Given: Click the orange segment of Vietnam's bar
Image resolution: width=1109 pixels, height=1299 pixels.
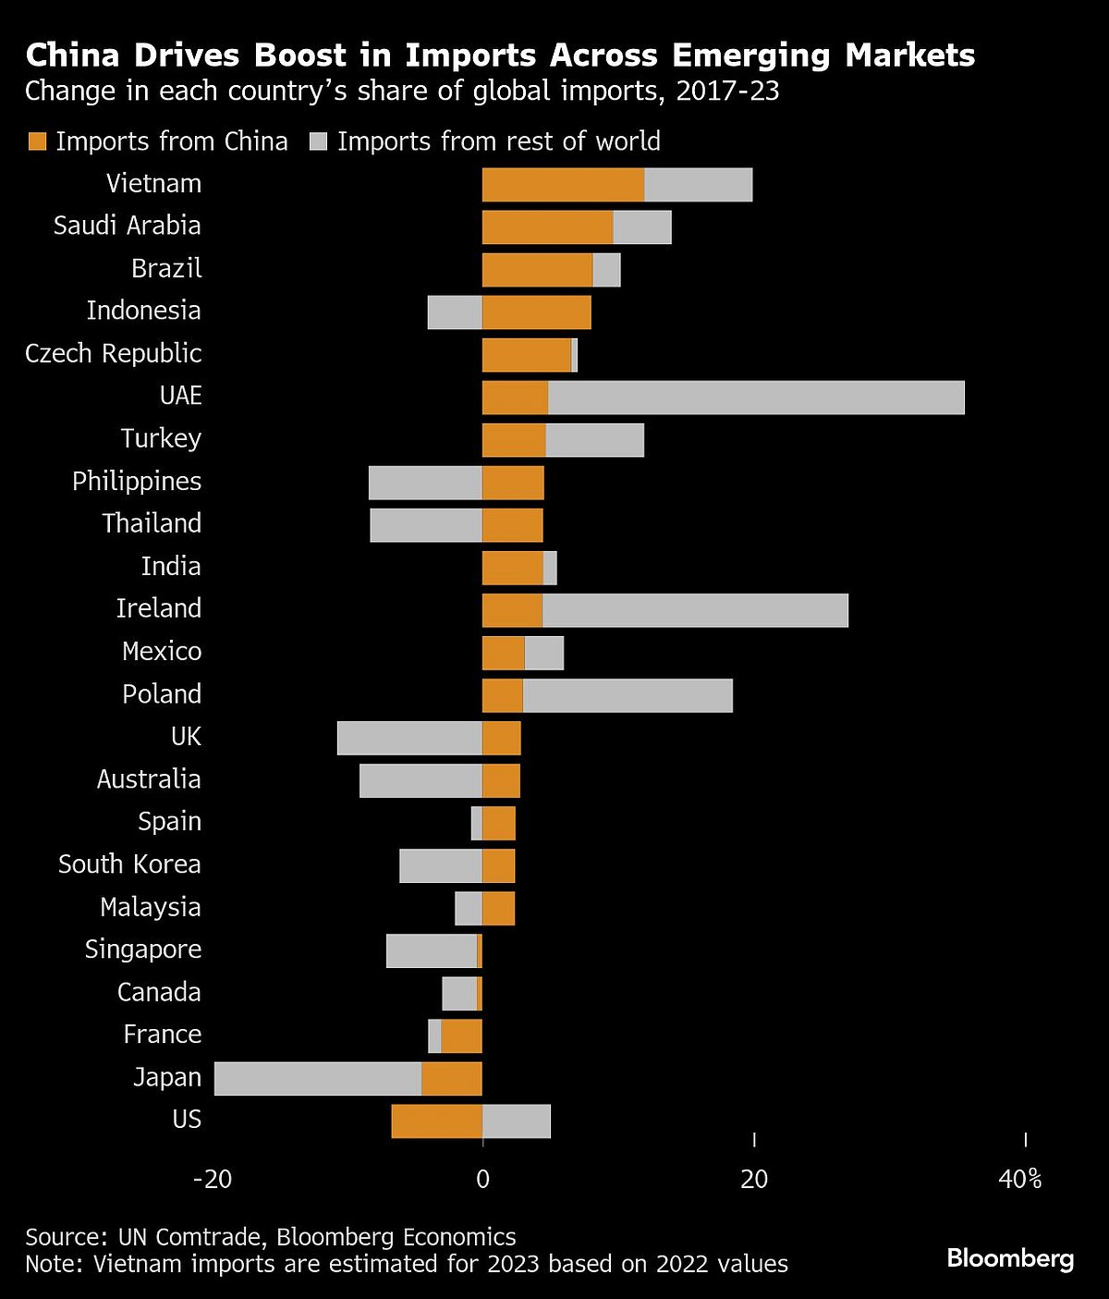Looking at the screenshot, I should (x=563, y=185).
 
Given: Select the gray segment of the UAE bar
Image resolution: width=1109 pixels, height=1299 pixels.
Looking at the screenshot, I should (x=756, y=398).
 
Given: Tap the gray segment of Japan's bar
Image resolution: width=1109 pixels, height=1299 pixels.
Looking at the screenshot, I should (x=318, y=1079).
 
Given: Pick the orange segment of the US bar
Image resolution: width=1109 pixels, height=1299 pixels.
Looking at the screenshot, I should (x=436, y=1121).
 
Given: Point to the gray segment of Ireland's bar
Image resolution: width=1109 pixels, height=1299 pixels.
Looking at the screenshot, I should (x=695, y=610).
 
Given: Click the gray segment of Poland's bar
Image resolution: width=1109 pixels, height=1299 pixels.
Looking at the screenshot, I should (x=628, y=695).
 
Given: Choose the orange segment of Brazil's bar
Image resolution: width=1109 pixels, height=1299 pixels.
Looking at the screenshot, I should (x=537, y=270).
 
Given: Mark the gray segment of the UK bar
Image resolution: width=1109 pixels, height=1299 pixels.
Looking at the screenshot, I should (x=409, y=738).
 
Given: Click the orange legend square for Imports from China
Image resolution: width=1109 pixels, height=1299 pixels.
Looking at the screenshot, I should (x=37, y=141).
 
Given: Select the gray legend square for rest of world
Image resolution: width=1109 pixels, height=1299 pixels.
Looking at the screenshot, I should (x=319, y=141).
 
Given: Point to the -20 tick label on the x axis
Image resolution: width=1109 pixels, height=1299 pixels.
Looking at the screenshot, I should (x=212, y=1180).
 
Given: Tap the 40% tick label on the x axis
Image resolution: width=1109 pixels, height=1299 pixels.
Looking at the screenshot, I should (x=1020, y=1180).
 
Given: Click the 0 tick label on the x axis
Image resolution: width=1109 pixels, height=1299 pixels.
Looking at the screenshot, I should (x=482, y=1180).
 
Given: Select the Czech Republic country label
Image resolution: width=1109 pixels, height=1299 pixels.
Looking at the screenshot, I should (x=113, y=354).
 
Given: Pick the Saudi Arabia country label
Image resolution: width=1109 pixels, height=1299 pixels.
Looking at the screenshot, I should (x=127, y=226).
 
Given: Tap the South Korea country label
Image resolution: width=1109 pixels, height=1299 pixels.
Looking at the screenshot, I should (x=129, y=864).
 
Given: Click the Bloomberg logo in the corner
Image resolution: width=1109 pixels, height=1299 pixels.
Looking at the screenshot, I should (x=1010, y=1258).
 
